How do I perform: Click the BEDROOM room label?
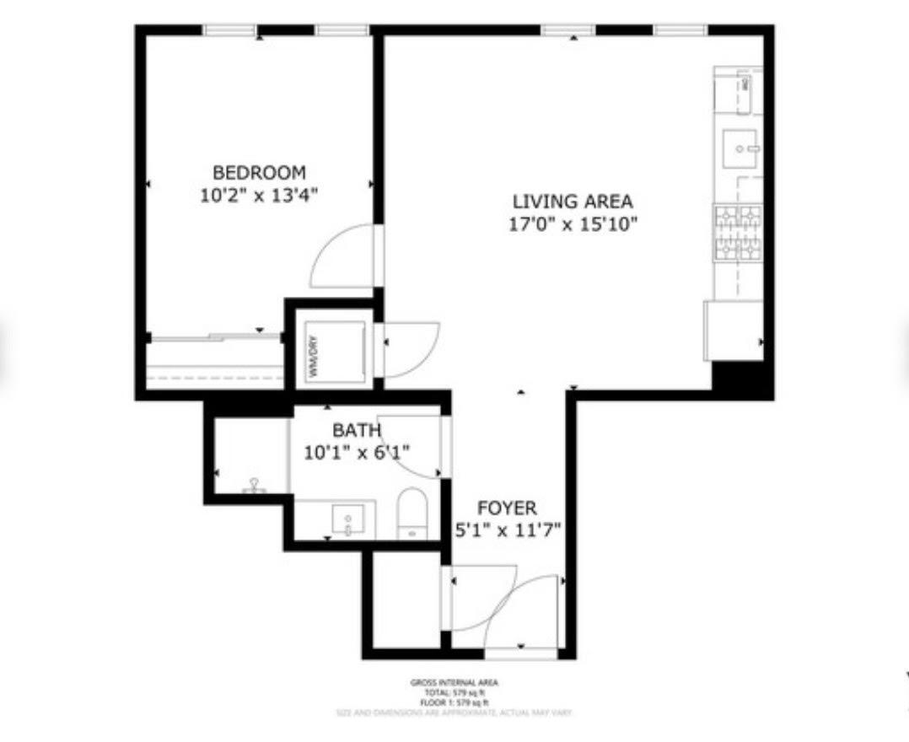(259, 173)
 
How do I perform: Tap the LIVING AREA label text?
(573, 202)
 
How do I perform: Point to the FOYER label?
(507, 508)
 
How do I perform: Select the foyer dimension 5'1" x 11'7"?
(508, 530)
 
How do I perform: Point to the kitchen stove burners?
(738, 234)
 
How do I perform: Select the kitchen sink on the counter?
(741, 150)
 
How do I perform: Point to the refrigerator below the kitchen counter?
(733, 331)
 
